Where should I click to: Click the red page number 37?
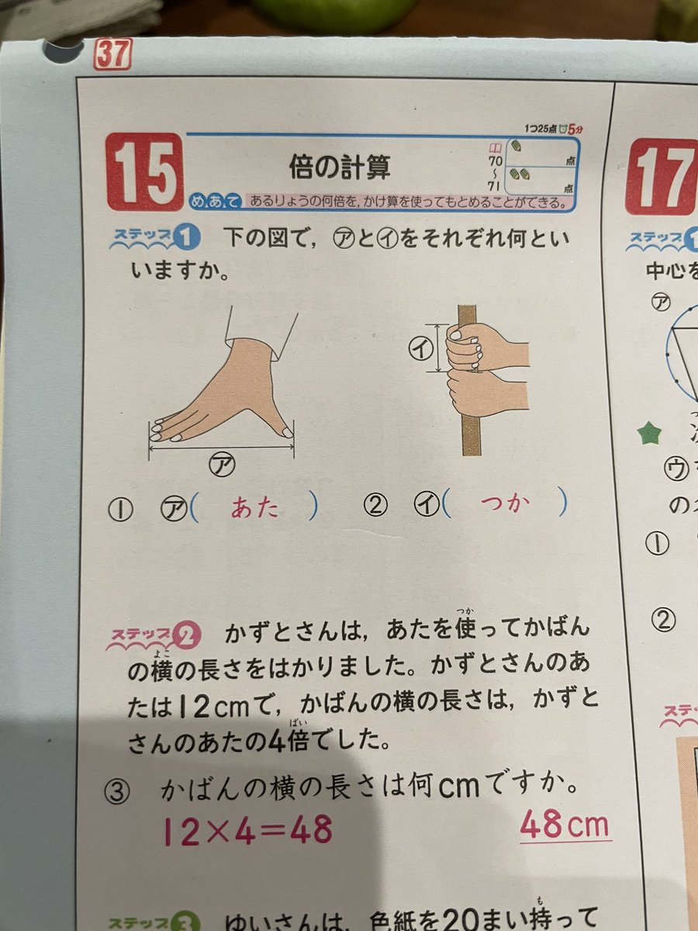pos(112,54)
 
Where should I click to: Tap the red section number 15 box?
pos(143,171)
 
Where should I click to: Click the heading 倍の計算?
pos(339,166)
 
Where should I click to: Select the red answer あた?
pos(255,507)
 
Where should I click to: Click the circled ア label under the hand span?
pos(222,465)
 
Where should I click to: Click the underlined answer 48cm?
pos(564,825)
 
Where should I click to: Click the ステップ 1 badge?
pos(155,237)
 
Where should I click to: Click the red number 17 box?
pos(664,176)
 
